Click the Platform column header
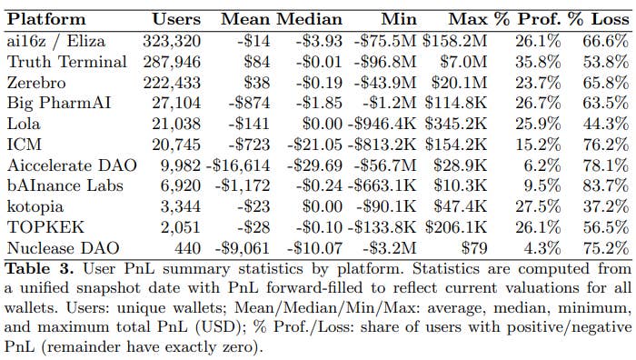point(46,19)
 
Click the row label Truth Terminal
point(67,62)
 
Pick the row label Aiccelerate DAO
point(72,165)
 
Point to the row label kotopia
point(35,207)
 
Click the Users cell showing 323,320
point(172,41)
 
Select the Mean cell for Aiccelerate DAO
point(238,165)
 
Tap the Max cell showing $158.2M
point(454,41)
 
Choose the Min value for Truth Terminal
point(385,62)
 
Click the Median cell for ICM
point(314,145)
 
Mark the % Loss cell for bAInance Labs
point(606,185)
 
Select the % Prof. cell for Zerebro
point(538,83)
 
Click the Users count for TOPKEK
point(181,227)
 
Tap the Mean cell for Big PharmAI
point(249,103)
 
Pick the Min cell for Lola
point(382,124)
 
